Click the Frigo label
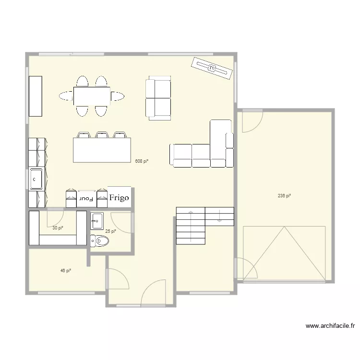[120, 197]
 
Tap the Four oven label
[86, 198]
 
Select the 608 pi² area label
[142, 161]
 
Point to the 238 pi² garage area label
[285, 195]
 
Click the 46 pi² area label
[66, 271]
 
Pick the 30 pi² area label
[58, 228]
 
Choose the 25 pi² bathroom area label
[110, 231]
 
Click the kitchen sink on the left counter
[37, 179]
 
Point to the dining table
[92, 96]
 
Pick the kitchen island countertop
[102, 150]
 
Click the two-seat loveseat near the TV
[158, 98]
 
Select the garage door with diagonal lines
[286, 253]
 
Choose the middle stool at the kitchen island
[102, 134]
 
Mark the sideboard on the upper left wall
[36, 96]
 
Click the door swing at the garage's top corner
[251, 121]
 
